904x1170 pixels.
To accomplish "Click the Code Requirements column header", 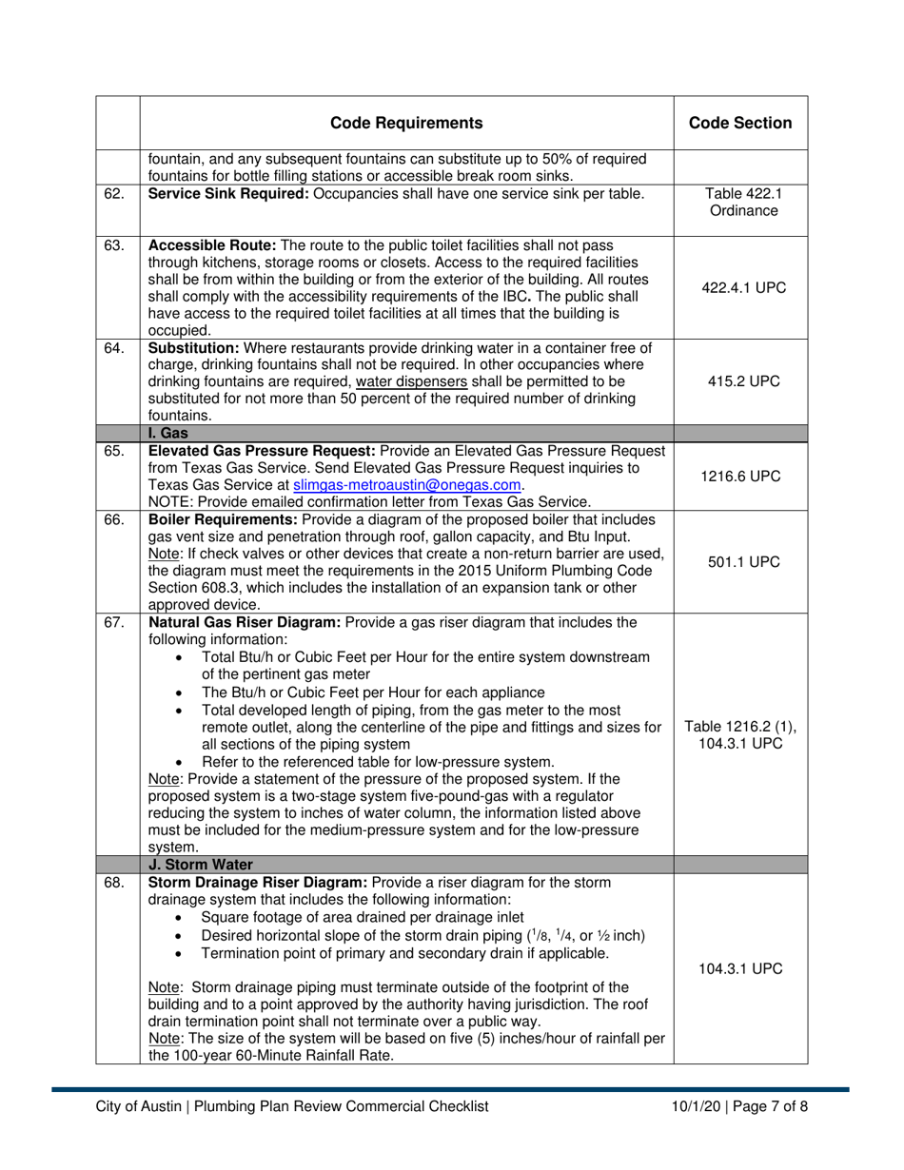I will pyautogui.click(x=406, y=123).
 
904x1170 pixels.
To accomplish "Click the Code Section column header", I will pyautogui.click(x=740, y=123).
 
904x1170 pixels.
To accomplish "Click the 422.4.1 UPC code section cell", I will pyautogui.click(x=740, y=287).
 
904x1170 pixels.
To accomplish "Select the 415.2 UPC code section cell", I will pyautogui.click(x=740, y=380).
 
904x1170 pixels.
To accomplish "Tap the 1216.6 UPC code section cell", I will pyautogui.click(x=740, y=477).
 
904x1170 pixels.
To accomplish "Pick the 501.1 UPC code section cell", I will pyautogui.click(x=740, y=562).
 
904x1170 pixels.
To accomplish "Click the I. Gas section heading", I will pyautogui.click(x=167, y=433).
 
